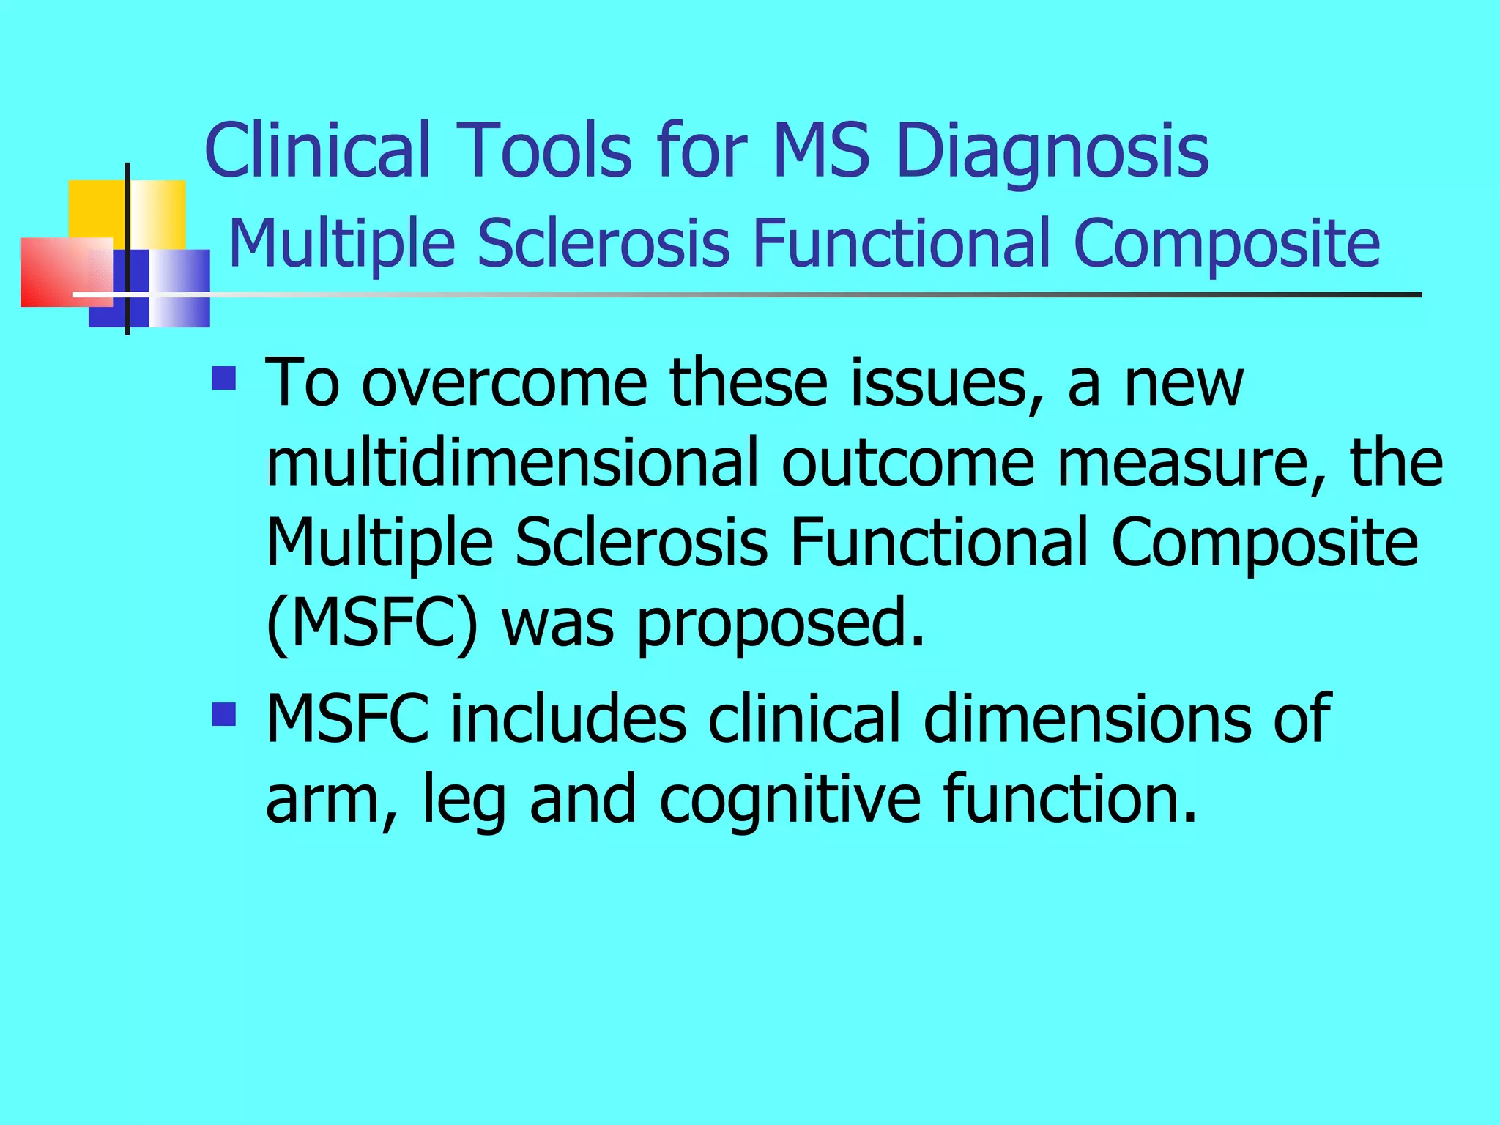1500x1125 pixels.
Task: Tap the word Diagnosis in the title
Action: point(1052,152)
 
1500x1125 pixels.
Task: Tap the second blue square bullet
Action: point(224,713)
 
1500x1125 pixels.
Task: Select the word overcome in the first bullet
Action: point(505,384)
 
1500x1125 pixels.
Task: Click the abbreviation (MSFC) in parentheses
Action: point(372,624)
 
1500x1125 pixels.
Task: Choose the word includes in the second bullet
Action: point(568,719)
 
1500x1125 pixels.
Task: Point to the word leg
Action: point(464,801)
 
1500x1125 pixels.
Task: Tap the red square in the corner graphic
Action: point(55,271)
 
